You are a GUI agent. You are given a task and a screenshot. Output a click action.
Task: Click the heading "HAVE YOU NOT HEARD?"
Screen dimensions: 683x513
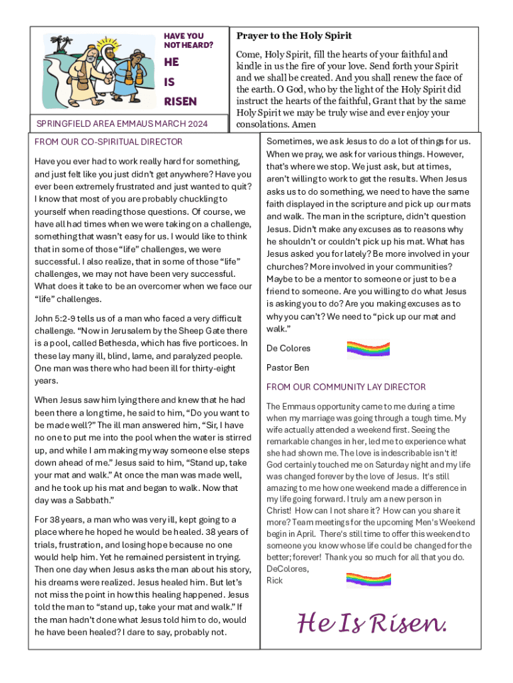[x=188, y=40]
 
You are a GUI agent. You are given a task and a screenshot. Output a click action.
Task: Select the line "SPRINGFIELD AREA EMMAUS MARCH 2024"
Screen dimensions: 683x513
[x=121, y=123]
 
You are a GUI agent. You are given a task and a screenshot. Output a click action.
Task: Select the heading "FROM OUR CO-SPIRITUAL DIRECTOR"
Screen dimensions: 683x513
[x=108, y=141]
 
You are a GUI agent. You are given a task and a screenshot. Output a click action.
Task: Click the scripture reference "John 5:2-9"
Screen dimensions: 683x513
[x=57, y=318]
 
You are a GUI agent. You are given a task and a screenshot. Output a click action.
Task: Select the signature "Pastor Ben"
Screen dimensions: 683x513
[x=288, y=368]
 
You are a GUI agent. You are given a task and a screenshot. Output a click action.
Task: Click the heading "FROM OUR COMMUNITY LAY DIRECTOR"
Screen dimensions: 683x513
[x=346, y=387]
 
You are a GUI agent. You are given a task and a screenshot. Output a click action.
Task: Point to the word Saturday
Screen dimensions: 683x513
[x=387, y=464]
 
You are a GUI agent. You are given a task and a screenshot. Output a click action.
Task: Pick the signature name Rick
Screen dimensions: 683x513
[x=274, y=580]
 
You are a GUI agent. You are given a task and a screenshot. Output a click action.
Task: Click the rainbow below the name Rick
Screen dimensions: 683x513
[x=368, y=580]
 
